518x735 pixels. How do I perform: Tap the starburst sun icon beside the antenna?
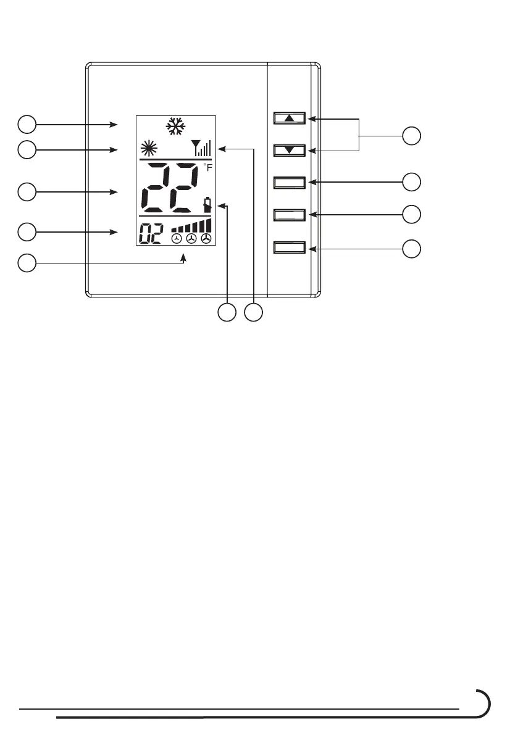(148, 149)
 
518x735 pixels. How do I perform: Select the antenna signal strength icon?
(201, 148)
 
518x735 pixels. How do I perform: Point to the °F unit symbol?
(207, 167)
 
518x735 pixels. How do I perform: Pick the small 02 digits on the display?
(152, 234)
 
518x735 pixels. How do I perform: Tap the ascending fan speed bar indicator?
(191, 226)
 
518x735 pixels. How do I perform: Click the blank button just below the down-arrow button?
(290, 182)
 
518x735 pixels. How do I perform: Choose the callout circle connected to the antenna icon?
(253, 313)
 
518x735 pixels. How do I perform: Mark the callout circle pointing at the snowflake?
(26, 125)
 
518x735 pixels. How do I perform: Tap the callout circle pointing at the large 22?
(26, 192)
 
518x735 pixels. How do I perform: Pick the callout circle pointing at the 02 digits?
(26, 232)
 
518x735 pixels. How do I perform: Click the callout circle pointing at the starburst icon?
(26, 149)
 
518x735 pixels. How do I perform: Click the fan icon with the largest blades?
(206, 239)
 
